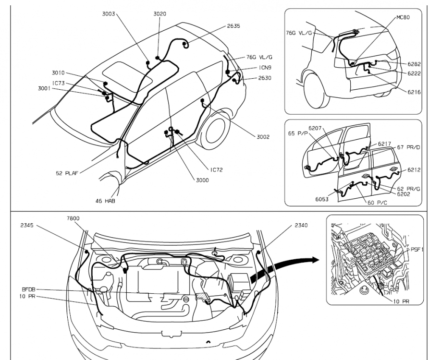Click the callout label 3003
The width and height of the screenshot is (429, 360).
(x=109, y=13)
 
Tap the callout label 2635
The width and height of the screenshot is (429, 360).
(x=233, y=26)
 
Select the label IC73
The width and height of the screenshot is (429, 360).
(x=58, y=83)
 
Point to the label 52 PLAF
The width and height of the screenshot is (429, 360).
(x=67, y=173)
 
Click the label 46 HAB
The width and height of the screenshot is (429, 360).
(x=105, y=201)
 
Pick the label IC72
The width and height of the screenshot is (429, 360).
(x=216, y=170)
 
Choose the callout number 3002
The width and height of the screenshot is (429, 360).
(x=263, y=137)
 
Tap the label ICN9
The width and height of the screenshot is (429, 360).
(x=265, y=68)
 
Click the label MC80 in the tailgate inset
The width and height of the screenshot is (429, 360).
(x=403, y=17)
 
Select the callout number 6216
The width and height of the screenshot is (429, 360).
(x=414, y=92)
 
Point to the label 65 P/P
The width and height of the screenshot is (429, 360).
(x=298, y=133)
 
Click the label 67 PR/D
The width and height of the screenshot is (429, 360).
(x=408, y=147)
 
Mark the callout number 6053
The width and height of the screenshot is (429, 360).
(x=322, y=199)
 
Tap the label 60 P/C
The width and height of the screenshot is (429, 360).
(x=377, y=203)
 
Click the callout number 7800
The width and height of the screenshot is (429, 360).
(x=73, y=218)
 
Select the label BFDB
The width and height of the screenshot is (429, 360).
(x=28, y=289)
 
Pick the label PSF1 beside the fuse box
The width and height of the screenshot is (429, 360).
(x=417, y=249)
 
